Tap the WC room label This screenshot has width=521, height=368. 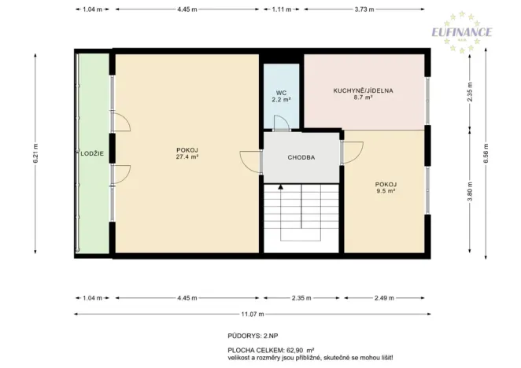pyautogui.click(x=281, y=92)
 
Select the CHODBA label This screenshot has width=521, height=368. pyautogui.click(x=301, y=157)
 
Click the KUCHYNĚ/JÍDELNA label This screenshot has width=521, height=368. pyautogui.click(x=363, y=90)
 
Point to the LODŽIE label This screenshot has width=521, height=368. pyautogui.click(x=92, y=153)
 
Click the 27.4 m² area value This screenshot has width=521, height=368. pyautogui.click(x=187, y=157)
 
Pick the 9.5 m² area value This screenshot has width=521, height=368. pyautogui.click(x=385, y=190)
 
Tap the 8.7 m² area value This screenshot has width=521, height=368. pyautogui.click(x=363, y=99)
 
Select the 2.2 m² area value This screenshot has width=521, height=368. pyautogui.click(x=281, y=101)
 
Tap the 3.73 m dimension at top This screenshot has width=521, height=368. pyautogui.click(x=364, y=9)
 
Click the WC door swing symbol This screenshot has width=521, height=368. pyautogui.click(x=279, y=121)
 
